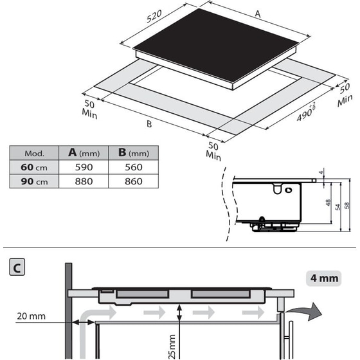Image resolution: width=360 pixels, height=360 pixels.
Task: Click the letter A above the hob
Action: point(258,13)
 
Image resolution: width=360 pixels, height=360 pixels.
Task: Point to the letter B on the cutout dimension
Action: point(148,124)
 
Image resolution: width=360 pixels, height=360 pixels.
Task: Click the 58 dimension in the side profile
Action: point(347,206)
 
